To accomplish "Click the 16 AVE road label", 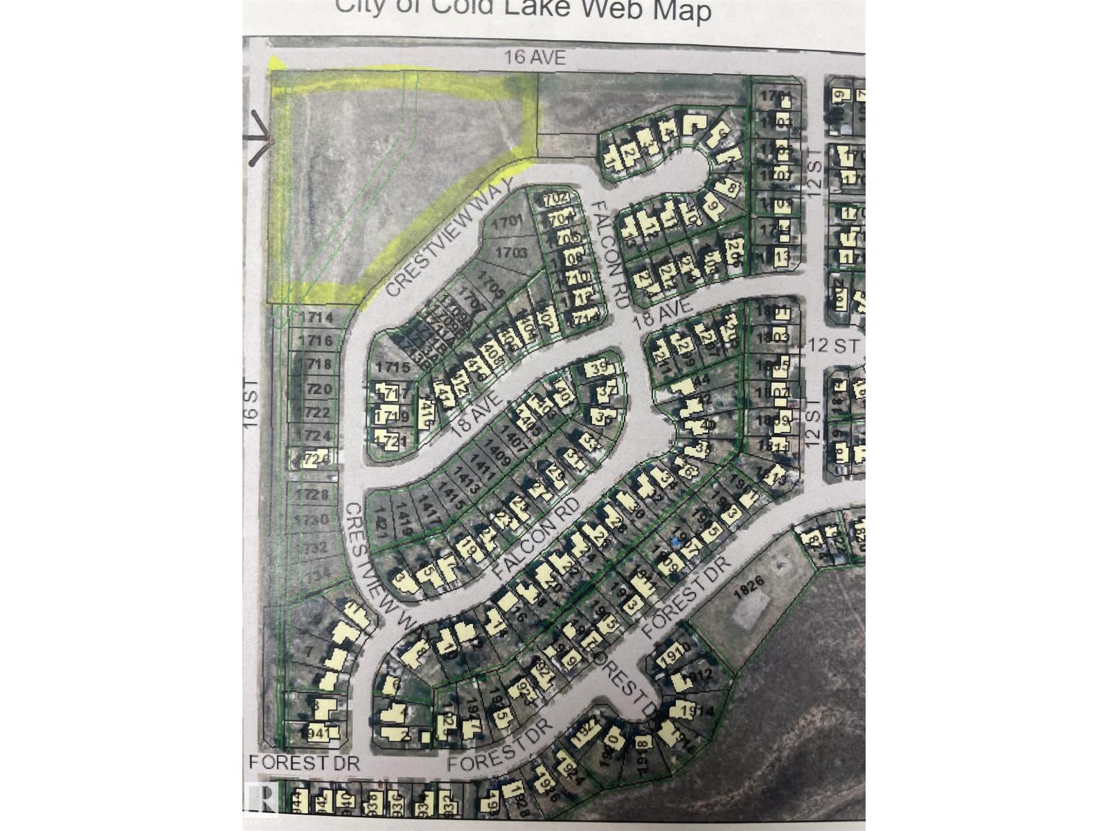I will tap(535, 57).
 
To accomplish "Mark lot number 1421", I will tap(379, 518).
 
